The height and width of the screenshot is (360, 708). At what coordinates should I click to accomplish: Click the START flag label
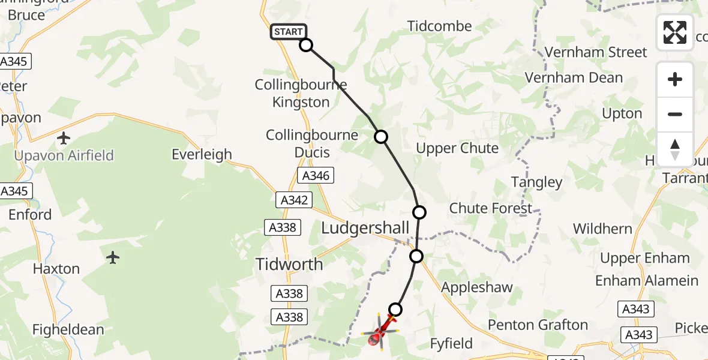click(289, 32)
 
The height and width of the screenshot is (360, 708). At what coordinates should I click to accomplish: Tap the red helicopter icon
click(380, 331)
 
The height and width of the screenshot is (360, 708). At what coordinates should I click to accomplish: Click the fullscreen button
click(675, 32)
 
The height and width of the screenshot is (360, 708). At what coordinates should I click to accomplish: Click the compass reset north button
click(675, 149)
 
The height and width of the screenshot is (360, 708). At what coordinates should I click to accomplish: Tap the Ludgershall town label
click(365, 228)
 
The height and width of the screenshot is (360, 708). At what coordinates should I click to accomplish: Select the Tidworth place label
click(289, 264)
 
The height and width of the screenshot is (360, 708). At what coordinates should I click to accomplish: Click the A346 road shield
click(316, 176)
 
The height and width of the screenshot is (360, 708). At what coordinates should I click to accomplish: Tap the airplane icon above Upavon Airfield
click(64, 139)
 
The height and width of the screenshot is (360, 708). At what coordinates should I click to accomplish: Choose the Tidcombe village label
click(440, 26)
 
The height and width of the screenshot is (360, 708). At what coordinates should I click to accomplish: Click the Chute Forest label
click(491, 208)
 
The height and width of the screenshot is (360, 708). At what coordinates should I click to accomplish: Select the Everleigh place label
click(202, 154)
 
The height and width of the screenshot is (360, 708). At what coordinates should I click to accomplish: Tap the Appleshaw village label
click(477, 287)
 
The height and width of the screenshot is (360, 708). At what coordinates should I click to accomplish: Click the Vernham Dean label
click(574, 78)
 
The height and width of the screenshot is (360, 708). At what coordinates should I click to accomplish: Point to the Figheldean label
click(68, 329)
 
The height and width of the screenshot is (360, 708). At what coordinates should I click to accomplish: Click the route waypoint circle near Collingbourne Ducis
click(381, 137)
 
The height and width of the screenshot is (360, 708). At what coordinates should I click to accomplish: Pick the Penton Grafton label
click(538, 325)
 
